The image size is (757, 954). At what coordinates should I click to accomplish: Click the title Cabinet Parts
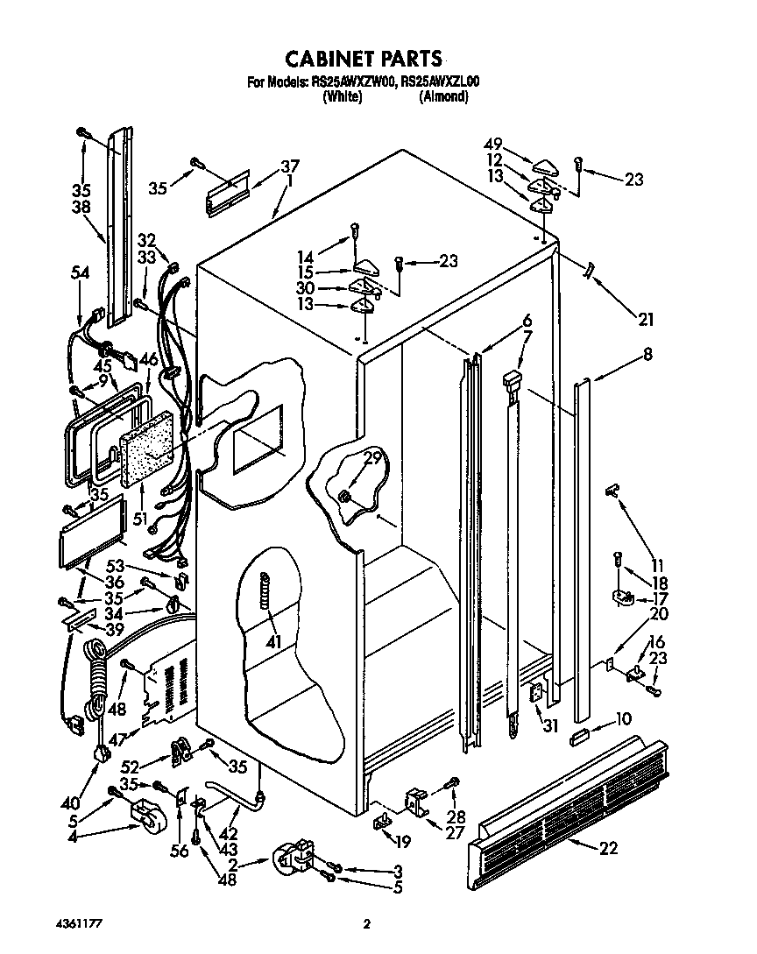pyautogui.click(x=364, y=58)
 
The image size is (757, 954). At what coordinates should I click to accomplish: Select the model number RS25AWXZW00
pyautogui.click(x=353, y=82)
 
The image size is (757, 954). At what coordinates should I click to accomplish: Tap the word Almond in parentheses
pyautogui.click(x=443, y=97)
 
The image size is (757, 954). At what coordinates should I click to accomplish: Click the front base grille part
pyautogui.click(x=570, y=806)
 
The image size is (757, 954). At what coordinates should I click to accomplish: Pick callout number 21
pyautogui.click(x=646, y=319)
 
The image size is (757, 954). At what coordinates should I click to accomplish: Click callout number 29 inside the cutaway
pyautogui.click(x=372, y=457)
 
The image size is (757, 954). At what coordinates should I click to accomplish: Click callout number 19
pyautogui.click(x=403, y=843)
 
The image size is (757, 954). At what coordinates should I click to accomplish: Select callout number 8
pyautogui.click(x=647, y=354)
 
